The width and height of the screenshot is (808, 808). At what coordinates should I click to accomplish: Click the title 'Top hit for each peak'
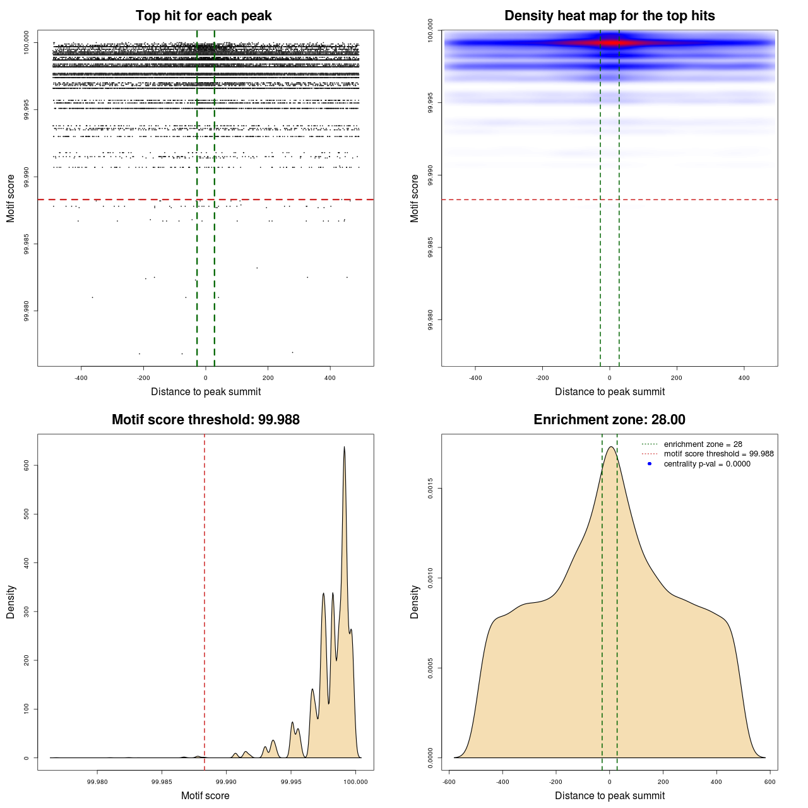click(x=203, y=16)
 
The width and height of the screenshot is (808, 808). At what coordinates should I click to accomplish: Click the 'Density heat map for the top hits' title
click(x=609, y=16)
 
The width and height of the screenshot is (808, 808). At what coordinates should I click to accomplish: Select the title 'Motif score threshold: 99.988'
click(x=205, y=420)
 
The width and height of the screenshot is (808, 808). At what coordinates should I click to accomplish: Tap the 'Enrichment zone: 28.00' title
click(x=609, y=420)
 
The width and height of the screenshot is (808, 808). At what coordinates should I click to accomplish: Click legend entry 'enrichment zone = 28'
click(x=703, y=444)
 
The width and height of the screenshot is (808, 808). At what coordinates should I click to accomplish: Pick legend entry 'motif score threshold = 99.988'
click(x=718, y=454)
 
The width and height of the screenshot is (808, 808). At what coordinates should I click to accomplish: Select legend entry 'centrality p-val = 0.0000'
click(x=707, y=464)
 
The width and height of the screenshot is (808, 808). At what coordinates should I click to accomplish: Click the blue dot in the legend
click(x=650, y=464)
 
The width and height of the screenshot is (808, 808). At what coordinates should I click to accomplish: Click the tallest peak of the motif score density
click(x=344, y=448)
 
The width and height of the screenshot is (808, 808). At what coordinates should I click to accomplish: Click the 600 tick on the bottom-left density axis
click(x=27, y=465)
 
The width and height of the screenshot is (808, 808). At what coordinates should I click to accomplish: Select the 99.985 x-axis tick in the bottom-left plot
click(x=162, y=781)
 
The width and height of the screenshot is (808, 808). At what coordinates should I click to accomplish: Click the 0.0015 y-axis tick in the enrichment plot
click(x=431, y=489)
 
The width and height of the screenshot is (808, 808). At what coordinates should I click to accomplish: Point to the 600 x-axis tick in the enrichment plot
click(x=769, y=781)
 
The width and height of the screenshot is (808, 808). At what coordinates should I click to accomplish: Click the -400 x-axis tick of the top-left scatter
click(x=81, y=377)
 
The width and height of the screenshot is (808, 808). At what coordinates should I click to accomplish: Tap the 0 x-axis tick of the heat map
click(x=609, y=377)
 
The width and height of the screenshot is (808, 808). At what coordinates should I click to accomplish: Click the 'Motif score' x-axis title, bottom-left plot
click(x=205, y=795)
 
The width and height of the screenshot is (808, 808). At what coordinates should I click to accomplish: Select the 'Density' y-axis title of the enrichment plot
click(x=415, y=602)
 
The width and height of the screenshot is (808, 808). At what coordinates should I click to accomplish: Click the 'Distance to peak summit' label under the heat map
click(x=609, y=391)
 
